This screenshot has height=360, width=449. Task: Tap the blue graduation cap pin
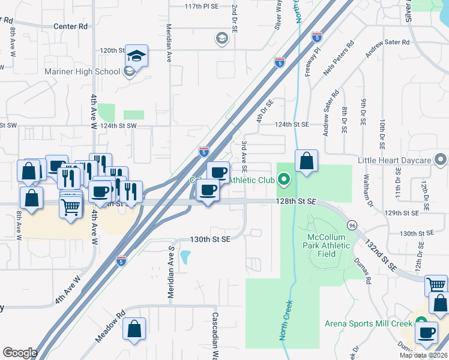tap(137, 58)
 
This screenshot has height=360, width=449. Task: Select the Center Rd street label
tap(70, 26)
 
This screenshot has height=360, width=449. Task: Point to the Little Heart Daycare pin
tap(441, 160)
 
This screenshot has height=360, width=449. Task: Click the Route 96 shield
tap(352, 225)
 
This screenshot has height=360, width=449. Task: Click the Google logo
tap(20, 353)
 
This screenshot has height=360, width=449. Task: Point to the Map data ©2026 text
tap(423, 355)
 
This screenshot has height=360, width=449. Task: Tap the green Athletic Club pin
tap(286, 179)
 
